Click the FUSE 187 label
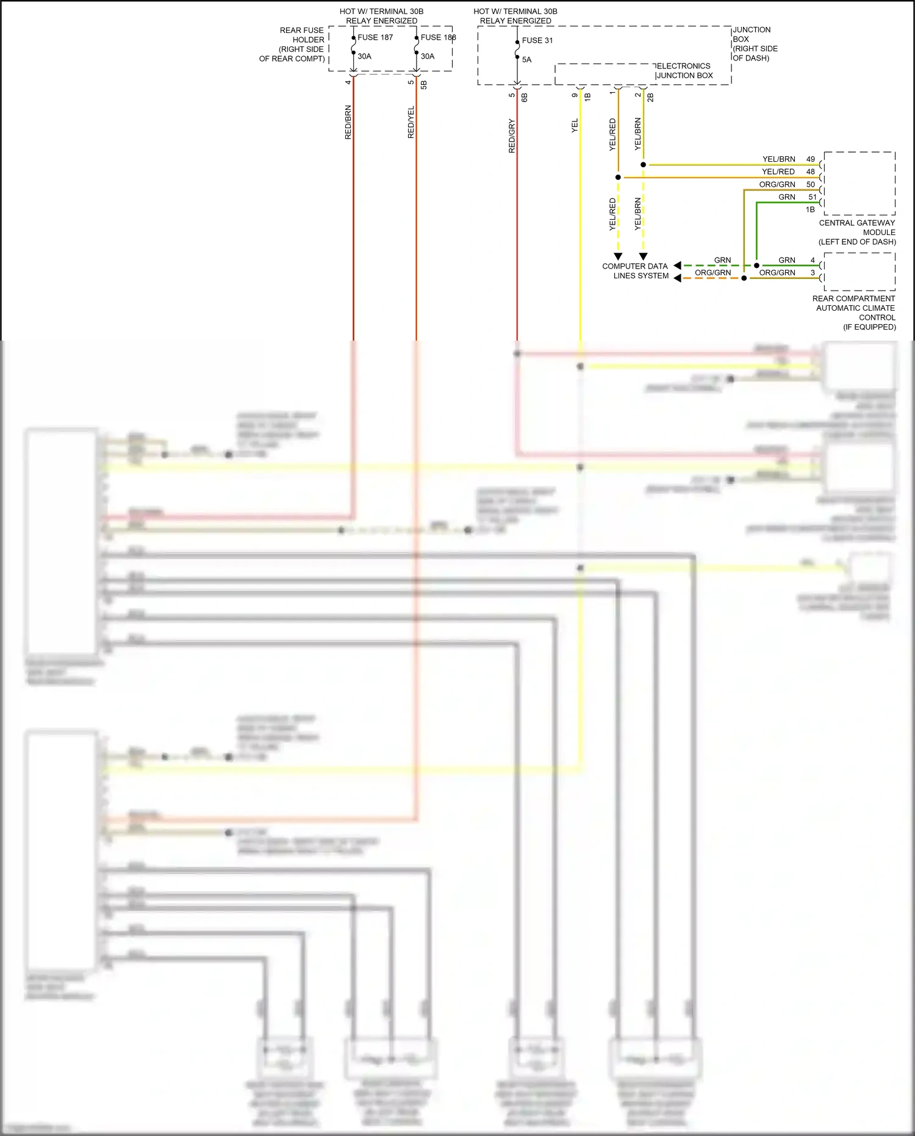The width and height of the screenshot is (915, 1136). [375, 37]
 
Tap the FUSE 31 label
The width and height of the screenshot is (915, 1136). [537, 40]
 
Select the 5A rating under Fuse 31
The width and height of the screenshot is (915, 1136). [526, 60]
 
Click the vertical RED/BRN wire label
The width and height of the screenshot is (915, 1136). [348, 122]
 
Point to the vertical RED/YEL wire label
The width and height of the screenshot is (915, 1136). [411, 122]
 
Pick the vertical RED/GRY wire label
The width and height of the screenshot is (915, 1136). [512, 136]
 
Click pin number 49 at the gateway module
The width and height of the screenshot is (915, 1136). [811, 159]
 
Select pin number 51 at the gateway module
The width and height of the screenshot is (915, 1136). [813, 197]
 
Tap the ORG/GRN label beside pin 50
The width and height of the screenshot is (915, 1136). [777, 184]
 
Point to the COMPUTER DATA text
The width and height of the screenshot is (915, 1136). [634, 266]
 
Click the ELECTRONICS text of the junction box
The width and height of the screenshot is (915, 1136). [684, 66]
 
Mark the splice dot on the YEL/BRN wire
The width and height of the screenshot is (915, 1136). [643, 165]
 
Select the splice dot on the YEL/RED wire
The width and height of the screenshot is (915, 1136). [618, 178]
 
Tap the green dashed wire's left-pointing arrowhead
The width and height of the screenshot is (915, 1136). [677, 266]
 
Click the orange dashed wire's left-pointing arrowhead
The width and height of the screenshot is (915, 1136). [677, 278]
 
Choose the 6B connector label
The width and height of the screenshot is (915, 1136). [525, 96]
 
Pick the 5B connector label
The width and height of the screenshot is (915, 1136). [424, 85]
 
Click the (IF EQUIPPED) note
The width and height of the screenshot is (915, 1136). [869, 327]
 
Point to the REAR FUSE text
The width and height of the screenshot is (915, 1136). [301, 31]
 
